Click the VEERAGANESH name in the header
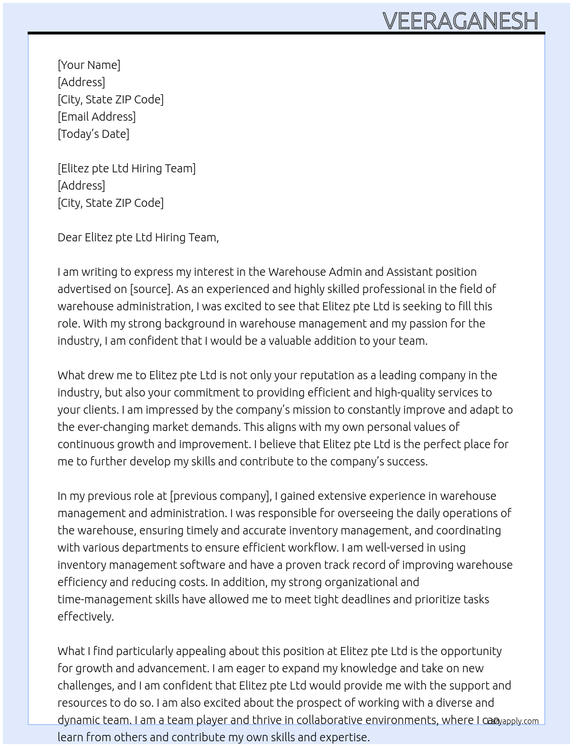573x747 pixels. (x=460, y=21)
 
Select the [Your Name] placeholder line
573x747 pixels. (x=89, y=65)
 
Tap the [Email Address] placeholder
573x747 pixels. (x=97, y=117)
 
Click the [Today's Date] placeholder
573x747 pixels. (x=93, y=134)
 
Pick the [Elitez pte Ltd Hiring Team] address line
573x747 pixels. (x=127, y=168)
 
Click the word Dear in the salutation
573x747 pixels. (x=70, y=237)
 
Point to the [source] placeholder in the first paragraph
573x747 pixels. (x=150, y=289)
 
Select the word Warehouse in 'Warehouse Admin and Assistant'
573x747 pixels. (x=296, y=272)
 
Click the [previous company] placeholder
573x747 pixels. (x=220, y=496)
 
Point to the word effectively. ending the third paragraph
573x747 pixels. (x=86, y=617)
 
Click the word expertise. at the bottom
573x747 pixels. (x=344, y=737)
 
